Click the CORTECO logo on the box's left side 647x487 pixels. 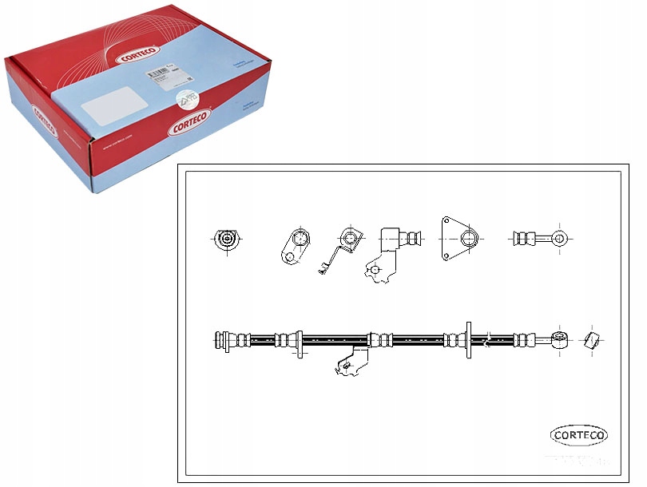pos(43,125)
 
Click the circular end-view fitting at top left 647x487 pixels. pos(228,239)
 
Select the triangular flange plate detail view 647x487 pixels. pos(459,237)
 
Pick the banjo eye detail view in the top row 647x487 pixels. pos(541,237)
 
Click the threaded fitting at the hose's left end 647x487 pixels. pos(226,341)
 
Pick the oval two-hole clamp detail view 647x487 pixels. pos(296,244)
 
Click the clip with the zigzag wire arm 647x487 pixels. pos(342,249)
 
